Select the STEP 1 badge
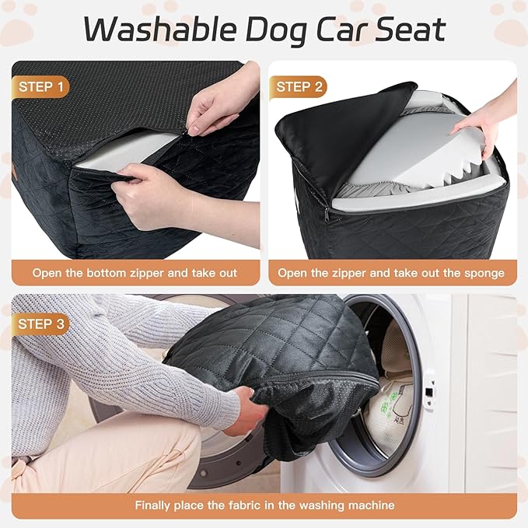pos(40,86)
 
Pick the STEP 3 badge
pos(40,322)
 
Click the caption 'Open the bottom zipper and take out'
pos(135,273)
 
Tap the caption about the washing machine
pos(264,505)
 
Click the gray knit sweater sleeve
pos(109,365)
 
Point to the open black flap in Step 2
pos(342,132)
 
